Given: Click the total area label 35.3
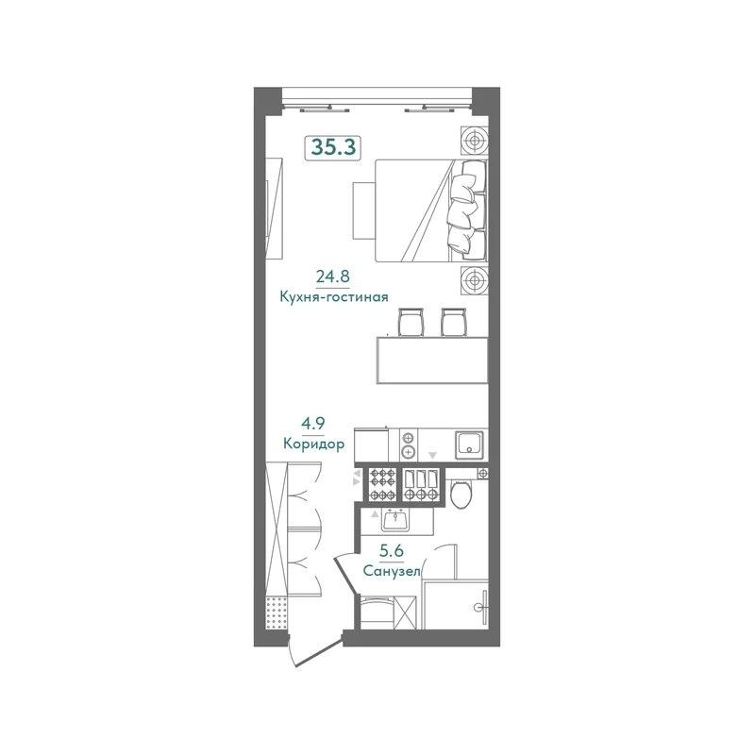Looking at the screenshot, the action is point(333,148).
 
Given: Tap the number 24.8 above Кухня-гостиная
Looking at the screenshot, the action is point(333,277).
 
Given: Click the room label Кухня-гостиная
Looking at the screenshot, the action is point(334,297).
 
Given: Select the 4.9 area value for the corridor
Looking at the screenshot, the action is point(313,424).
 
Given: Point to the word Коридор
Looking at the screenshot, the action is point(314,444).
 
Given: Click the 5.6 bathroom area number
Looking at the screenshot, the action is point(392,550).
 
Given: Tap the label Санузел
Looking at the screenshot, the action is point(392,572).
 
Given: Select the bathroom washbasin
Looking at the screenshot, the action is point(395,520).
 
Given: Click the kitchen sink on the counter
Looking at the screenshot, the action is point(469,444).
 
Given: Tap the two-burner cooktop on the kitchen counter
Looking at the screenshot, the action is point(409,445).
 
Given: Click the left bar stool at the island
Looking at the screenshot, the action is point(411,321).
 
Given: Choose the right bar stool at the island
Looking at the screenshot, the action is point(454,321).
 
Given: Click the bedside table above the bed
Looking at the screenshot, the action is point(475,141).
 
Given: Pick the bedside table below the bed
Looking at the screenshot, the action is point(475,279).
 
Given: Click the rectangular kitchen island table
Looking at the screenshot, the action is point(432,361).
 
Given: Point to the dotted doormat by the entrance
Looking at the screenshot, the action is point(277,612).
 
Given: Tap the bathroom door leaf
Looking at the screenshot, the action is point(345,574).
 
